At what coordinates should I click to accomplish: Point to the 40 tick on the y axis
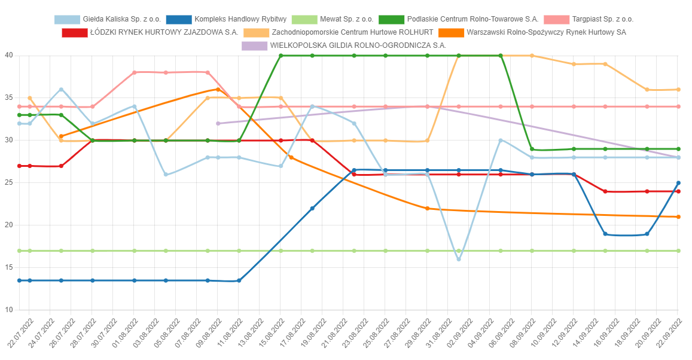tap(9, 56)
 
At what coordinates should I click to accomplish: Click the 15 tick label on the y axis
tap(9, 267)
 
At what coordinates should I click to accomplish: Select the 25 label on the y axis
tap(9, 183)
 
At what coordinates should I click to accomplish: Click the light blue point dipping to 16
tap(459, 259)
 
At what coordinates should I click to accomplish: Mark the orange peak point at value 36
tap(218, 89)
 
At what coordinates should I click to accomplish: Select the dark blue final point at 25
tap(678, 183)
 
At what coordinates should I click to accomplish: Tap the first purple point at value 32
tap(218, 123)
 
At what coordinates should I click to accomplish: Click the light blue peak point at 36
tap(61, 90)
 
